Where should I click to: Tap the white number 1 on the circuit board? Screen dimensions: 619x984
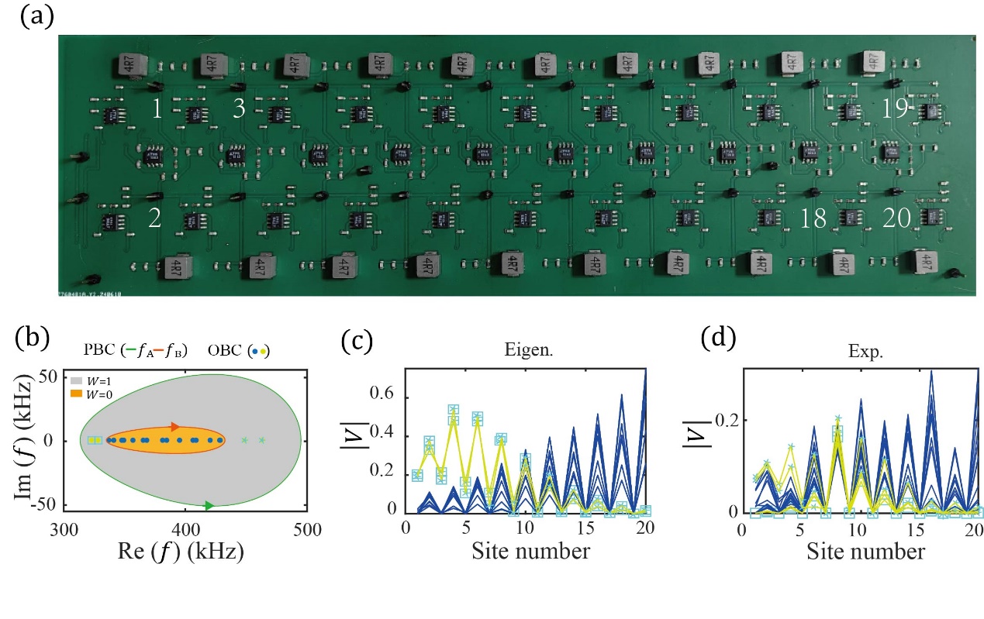pyautogui.click(x=157, y=108)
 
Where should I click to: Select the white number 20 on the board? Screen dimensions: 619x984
pyautogui.click(x=897, y=219)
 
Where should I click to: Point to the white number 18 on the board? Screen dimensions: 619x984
pyautogui.click(x=813, y=219)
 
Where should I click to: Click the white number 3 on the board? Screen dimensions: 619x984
pyautogui.click(x=239, y=108)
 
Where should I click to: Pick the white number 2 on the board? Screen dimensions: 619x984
pyautogui.click(x=155, y=219)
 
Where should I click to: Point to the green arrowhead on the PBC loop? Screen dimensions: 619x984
pyautogui.click(x=209, y=506)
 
